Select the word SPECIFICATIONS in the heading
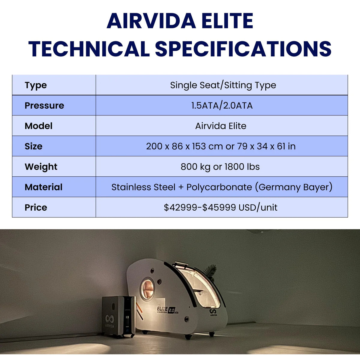tap(243, 49)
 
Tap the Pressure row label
tap(44, 106)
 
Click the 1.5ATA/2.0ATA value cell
tap(222, 106)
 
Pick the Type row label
tap(36, 85)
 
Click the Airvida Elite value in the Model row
tap(220, 126)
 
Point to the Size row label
tap(33, 146)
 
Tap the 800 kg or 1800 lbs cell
tap(220, 167)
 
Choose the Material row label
tap(43, 187)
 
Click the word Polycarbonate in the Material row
tap(219, 187)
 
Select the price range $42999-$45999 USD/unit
tap(220, 208)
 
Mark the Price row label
tap(36, 208)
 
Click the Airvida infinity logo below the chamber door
tap(213, 312)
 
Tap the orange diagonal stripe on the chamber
tap(139, 308)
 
